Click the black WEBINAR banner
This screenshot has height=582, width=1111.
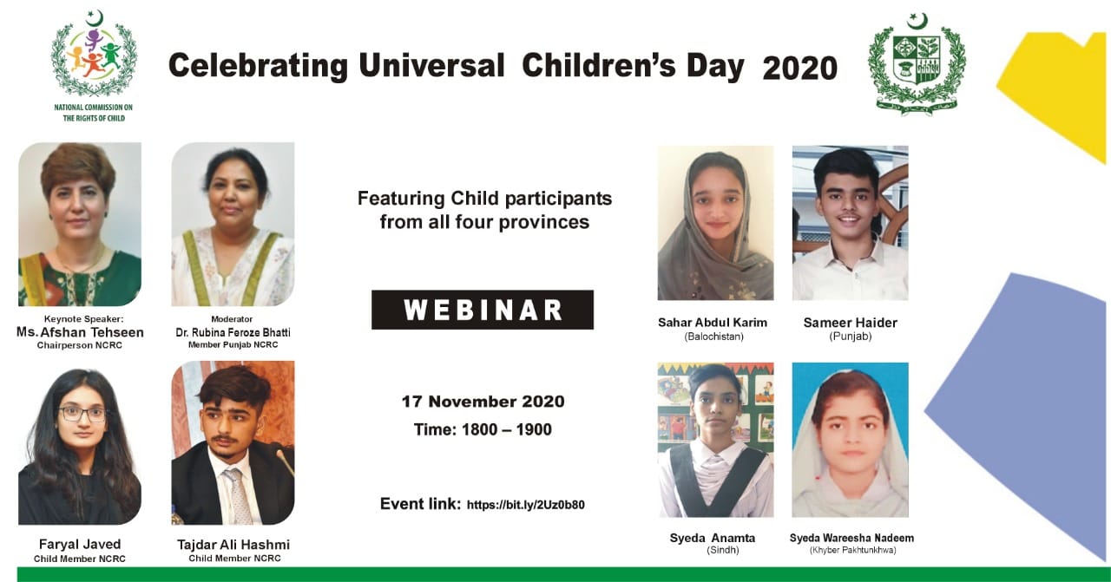pos(482,310)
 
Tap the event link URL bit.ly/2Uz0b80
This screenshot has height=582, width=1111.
pos(526,505)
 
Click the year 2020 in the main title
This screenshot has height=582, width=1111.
pos(799,69)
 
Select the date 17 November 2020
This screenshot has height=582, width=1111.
pos(483,401)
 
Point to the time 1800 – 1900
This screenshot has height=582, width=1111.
pos(506,429)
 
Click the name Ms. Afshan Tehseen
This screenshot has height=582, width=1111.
pos(80,332)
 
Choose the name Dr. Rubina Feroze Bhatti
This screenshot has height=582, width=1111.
pos(233,333)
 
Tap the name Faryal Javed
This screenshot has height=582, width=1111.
pos(80,545)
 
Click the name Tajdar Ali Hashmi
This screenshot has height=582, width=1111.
pos(233,545)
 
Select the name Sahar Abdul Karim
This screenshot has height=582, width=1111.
pos(713,323)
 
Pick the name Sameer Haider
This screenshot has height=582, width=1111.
pos(850,323)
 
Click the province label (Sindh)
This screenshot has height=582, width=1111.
pos(723,550)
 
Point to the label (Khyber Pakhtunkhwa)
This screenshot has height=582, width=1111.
pos(852,550)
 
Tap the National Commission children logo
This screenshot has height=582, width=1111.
pos(94,54)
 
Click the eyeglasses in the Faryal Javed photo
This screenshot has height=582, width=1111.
pos(82,415)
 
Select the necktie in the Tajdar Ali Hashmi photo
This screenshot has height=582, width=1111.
pos(239,494)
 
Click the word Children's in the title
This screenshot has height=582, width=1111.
pos(634,66)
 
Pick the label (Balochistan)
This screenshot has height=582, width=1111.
pos(714,337)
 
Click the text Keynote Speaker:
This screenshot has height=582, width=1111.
pos(84,319)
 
